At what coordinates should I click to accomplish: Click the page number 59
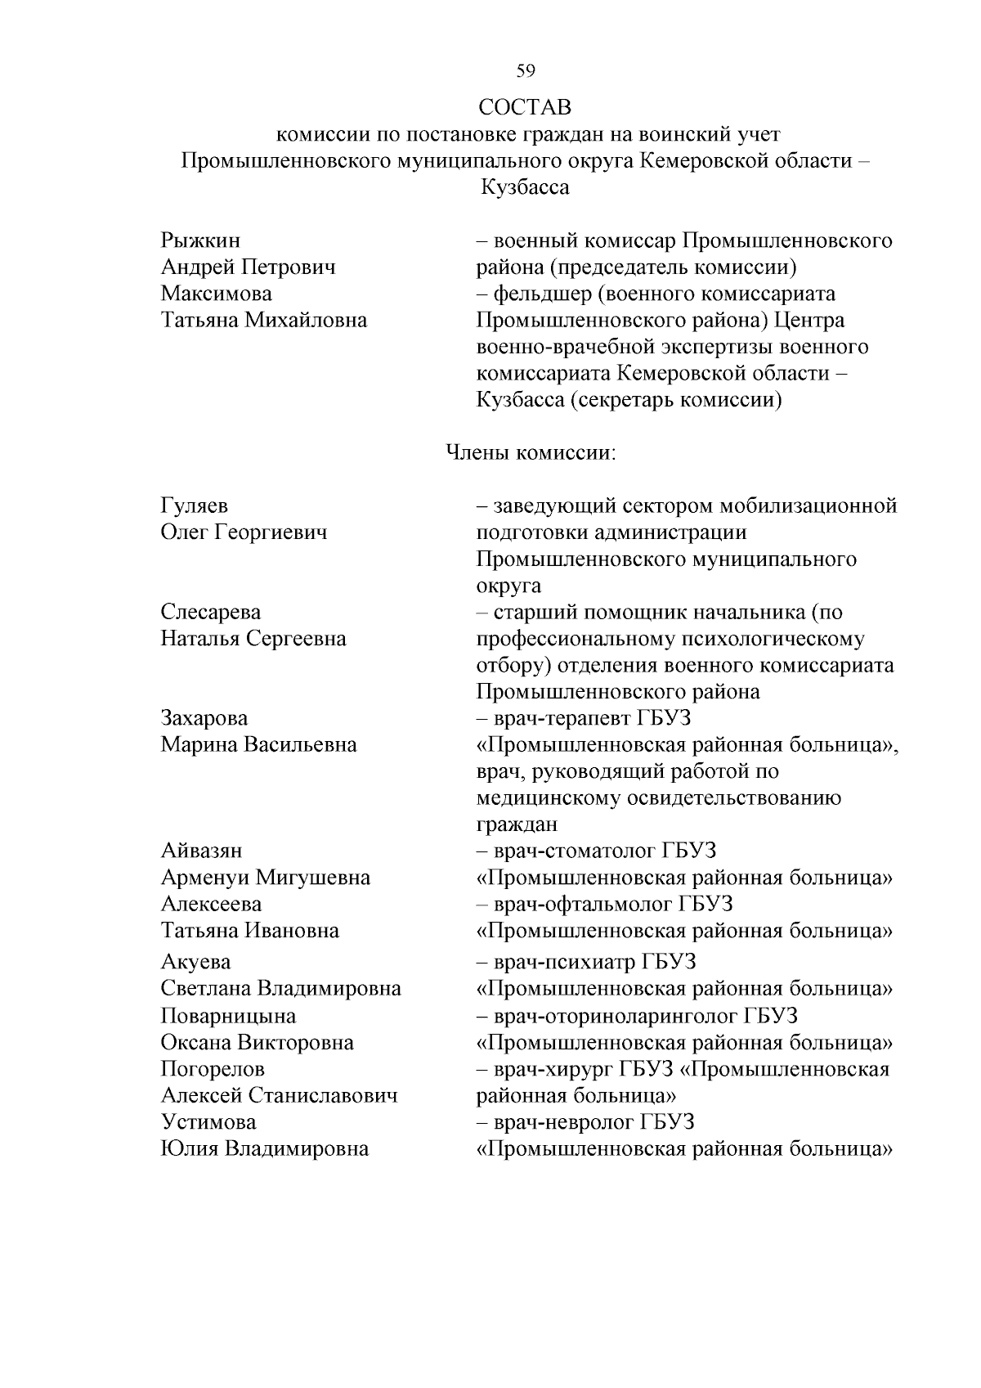click(x=526, y=71)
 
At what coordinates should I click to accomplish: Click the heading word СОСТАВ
click(x=525, y=107)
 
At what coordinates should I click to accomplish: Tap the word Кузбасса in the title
click(x=525, y=187)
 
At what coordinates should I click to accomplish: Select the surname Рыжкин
click(x=200, y=241)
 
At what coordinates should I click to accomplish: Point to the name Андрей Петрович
click(x=248, y=267)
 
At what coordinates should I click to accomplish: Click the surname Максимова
click(x=217, y=294)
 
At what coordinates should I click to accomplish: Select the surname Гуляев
click(x=194, y=506)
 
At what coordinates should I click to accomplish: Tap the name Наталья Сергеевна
click(x=253, y=639)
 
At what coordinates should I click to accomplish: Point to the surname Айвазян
click(x=201, y=851)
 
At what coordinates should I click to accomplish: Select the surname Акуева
click(x=195, y=962)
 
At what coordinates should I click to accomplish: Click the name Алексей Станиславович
click(x=279, y=1095)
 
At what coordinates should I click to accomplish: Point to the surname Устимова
click(x=208, y=1122)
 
